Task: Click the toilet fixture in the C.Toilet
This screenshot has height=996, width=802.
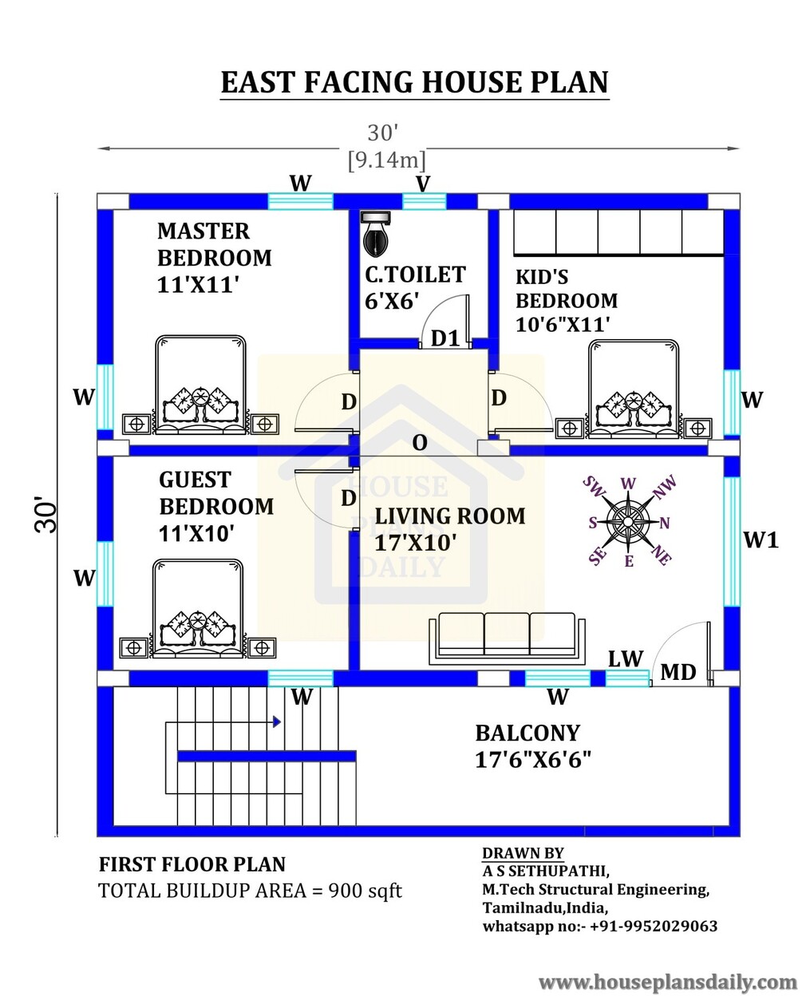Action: pyautogui.click(x=376, y=235)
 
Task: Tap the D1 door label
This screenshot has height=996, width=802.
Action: pyautogui.click(x=445, y=338)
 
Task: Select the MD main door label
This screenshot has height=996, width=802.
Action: pyautogui.click(x=678, y=673)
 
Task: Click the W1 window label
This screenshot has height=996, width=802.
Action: pyautogui.click(x=761, y=540)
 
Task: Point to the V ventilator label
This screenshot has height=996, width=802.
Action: pyautogui.click(x=422, y=184)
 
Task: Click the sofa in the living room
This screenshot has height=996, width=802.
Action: pyautogui.click(x=507, y=638)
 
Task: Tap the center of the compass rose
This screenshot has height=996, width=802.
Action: pyautogui.click(x=628, y=522)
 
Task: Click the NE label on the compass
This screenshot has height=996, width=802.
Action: pyautogui.click(x=662, y=555)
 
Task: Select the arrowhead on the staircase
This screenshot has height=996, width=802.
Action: pyautogui.click(x=277, y=721)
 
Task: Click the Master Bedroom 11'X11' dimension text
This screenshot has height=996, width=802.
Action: pyautogui.click(x=198, y=285)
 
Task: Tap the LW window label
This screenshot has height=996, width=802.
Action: pyautogui.click(x=626, y=659)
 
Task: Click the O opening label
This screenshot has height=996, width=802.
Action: pyautogui.click(x=419, y=443)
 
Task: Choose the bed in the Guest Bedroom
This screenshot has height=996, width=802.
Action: pyautogui.click(x=198, y=608)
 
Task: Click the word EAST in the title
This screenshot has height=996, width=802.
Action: pyautogui.click(x=258, y=82)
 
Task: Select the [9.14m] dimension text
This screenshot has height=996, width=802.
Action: pyautogui.click(x=387, y=160)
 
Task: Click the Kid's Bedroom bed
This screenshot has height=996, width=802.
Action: pyautogui.click(x=634, y=389)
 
